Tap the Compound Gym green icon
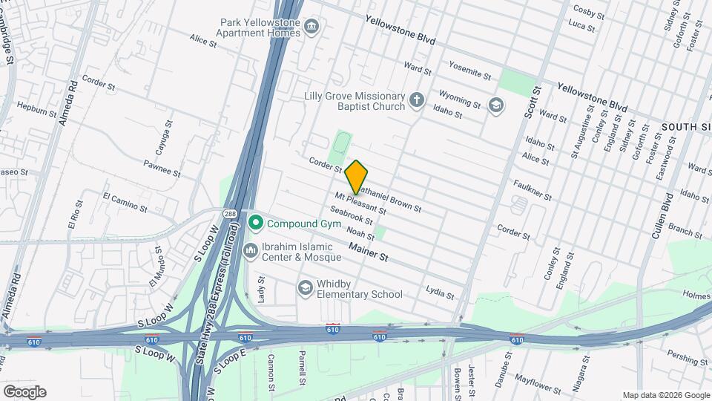(257, 223)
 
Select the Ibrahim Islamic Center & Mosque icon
(251, 251)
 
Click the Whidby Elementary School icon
(305, 287)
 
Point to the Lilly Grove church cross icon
(418, 100)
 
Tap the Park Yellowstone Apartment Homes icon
(312, 27)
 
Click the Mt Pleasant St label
(360, 203)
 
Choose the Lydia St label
(440, 293)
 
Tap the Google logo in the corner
(24, 392)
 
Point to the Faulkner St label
(533, 190)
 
